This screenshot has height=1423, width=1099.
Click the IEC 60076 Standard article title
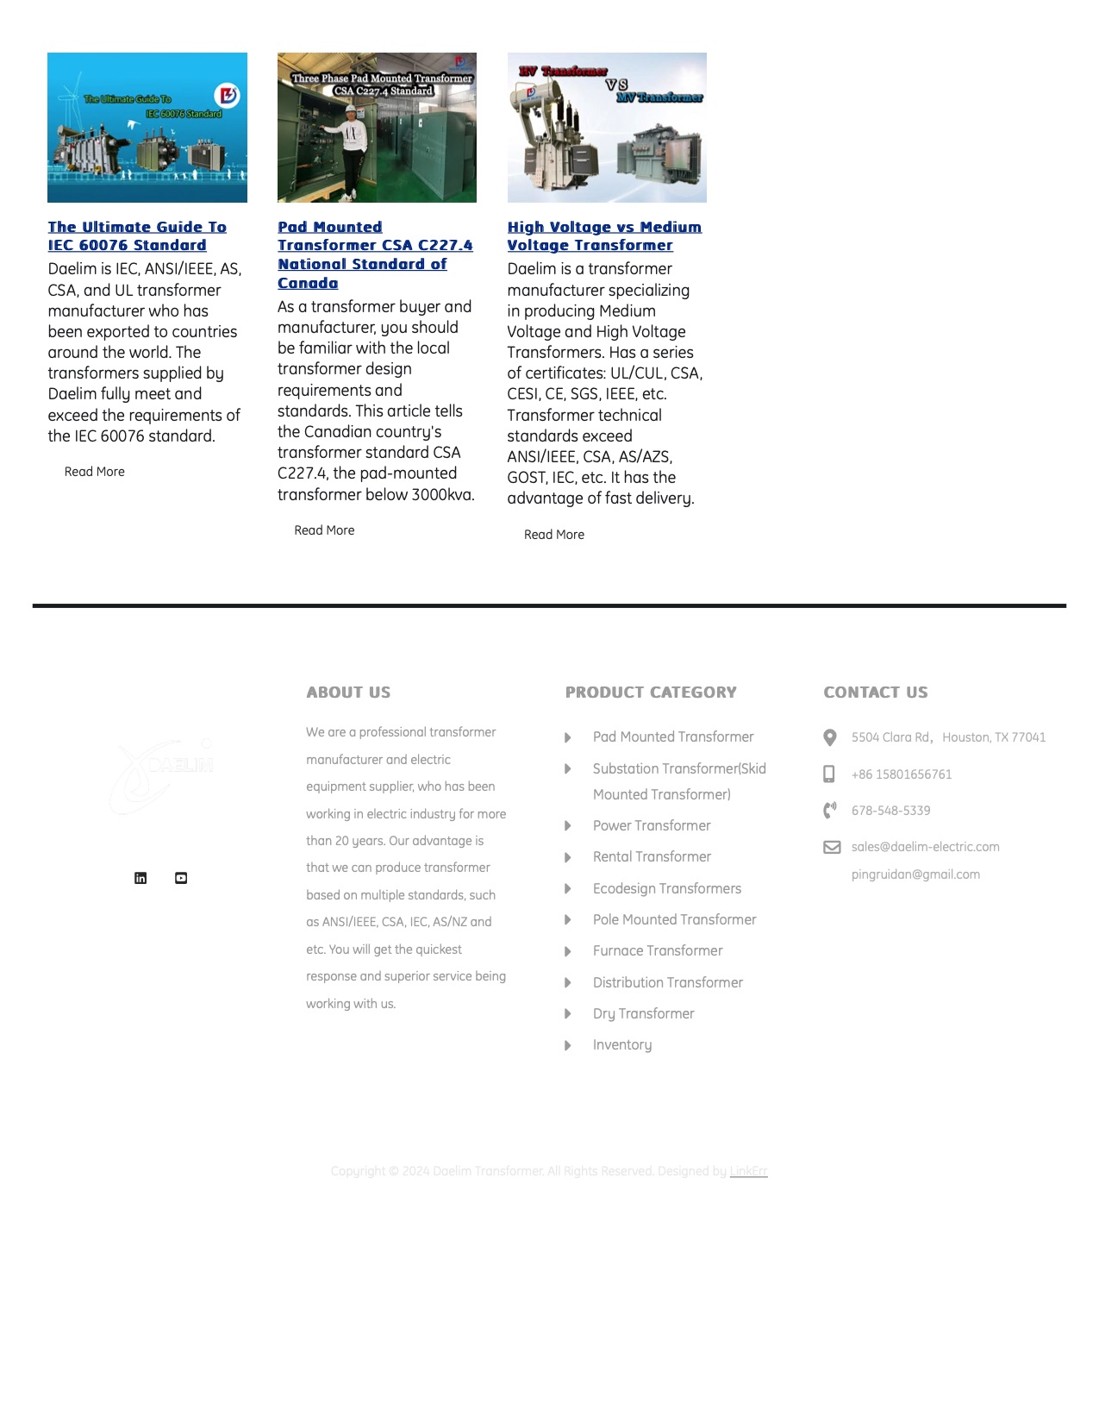(x=136, y=235)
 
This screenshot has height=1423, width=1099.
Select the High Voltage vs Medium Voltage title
(x=603, y=235)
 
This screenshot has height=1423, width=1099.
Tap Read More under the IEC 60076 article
(x=95, y=472)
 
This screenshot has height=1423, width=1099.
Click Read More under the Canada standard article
(x=324, y=530)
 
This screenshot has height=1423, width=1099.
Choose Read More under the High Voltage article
(x=554, y=535)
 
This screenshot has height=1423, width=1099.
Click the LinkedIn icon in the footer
(x=140, y=878)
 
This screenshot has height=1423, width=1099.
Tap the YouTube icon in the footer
(x=181, y=878)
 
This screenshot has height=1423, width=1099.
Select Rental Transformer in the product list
(x=652, y=856)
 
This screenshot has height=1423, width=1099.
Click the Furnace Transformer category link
(x=658, y=950)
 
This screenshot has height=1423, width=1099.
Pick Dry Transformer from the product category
(x=643, y=1013)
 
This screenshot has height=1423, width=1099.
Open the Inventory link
(x=622, y=1044)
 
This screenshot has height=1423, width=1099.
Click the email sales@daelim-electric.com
(x=925, y=847)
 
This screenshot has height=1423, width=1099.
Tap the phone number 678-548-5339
(x=890, y=811)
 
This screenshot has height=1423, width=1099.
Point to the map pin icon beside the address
(x=830, y=737)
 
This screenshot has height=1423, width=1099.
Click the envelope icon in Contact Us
(x=832, y=847)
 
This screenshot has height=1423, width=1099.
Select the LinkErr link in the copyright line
(x=748, y=1171)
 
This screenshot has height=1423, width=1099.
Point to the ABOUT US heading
(x=348, y=693)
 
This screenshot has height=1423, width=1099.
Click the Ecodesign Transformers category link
(x=666, y=888)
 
